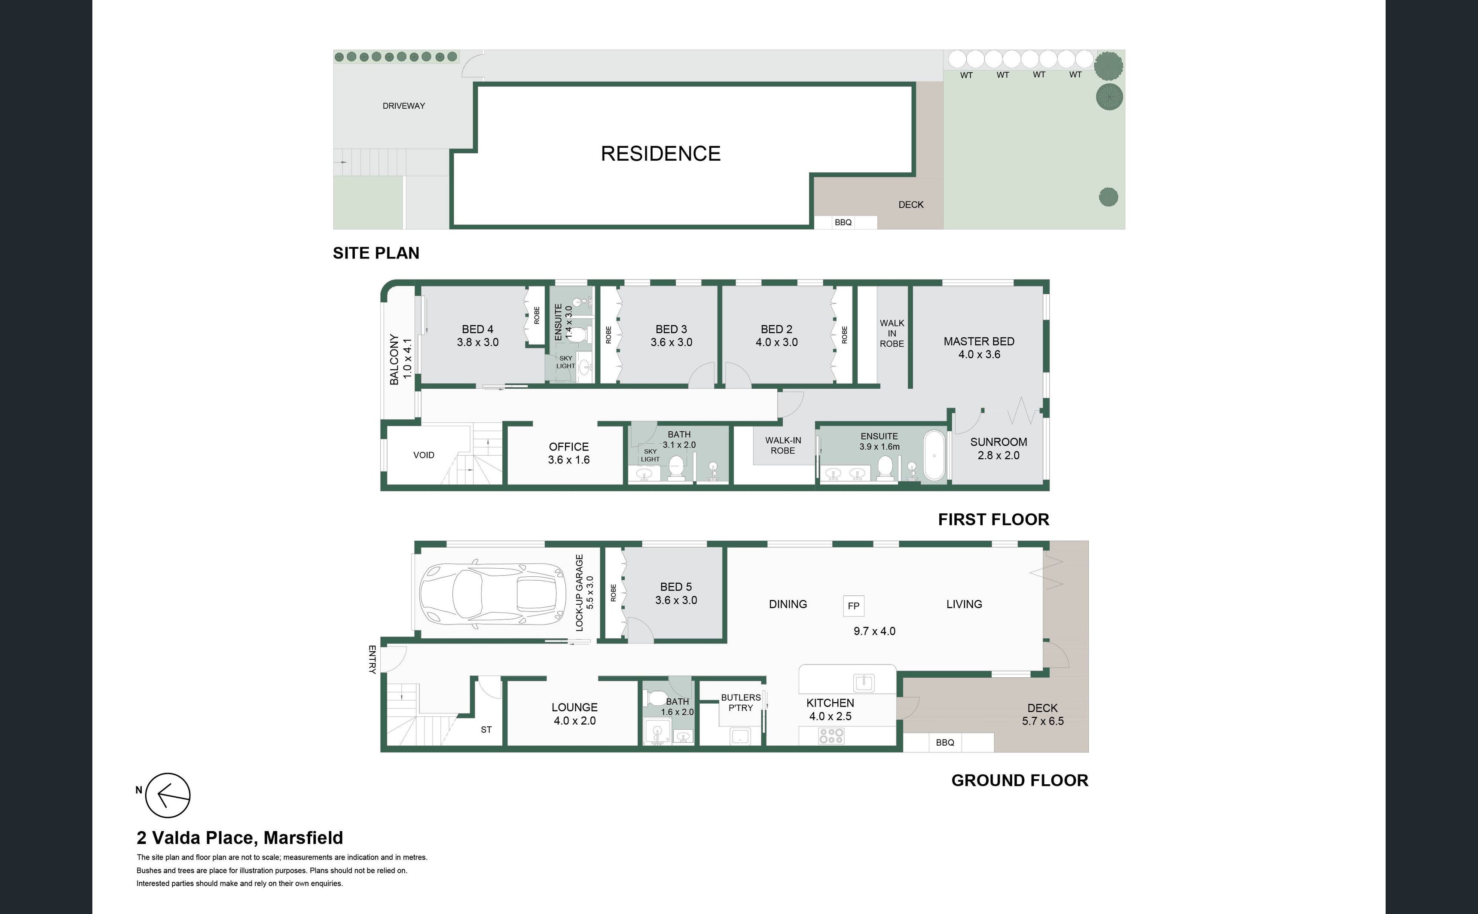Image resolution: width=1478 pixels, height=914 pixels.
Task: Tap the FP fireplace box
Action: pyautogui.click(x=854, y=606)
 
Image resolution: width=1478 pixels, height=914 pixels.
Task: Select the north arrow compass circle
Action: pyautogui.click(x=168, y=795)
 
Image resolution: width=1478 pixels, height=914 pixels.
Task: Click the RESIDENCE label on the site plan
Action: pyautogui.click(x=661, y=153)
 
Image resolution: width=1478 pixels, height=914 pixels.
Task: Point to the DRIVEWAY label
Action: pyautogui.click(x=404, y=106)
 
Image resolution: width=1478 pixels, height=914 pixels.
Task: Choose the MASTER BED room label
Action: pyautogui.click(x=979, y=341)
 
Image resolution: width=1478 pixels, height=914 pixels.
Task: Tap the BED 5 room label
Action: pyautogui.click(x=676, y=587)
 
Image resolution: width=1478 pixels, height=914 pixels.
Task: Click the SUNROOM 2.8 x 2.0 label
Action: pyautogui.click(x=999, y=448)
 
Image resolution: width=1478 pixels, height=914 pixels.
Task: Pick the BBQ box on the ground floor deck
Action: pyautogui.click(x=945, y=742)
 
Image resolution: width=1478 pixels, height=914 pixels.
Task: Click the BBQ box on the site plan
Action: pyautogui.click(x=843, y=222)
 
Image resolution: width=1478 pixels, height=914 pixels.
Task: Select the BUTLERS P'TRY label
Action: pyautogui.click(x=741, y=702)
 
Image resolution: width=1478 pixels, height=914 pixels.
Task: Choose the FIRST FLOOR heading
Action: pyautogui.click(x=994, y=519)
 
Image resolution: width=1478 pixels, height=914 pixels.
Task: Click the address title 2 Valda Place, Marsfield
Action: pyautogui.click(x=240, y=838)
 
